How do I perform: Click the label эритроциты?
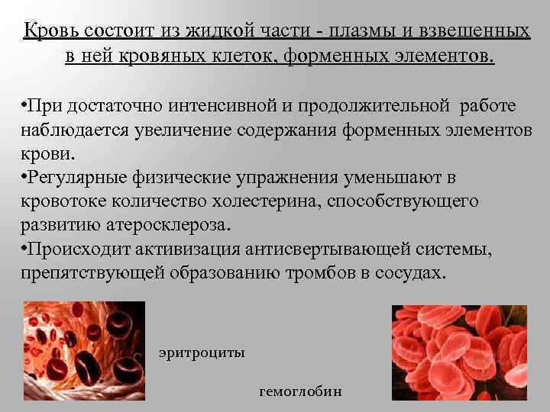[202, 353]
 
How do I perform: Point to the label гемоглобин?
[301, 391]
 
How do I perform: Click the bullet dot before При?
[25, 105]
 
